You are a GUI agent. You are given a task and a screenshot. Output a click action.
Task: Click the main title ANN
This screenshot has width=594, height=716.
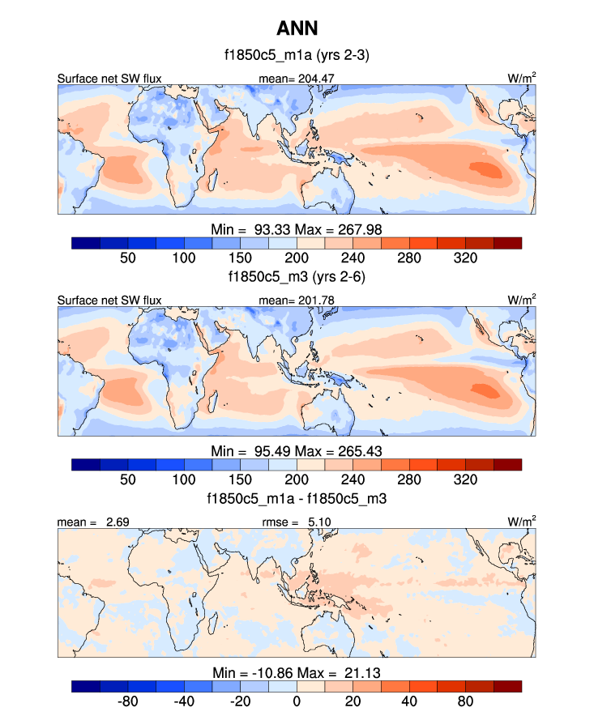(297, 29)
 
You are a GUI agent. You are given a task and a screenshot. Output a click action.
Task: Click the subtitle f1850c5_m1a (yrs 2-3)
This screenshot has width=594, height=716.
(297, 57)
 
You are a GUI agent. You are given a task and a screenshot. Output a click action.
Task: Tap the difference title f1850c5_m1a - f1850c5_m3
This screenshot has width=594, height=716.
(297, 499)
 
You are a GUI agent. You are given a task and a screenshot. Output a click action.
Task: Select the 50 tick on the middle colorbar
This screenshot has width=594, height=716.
(127, 479)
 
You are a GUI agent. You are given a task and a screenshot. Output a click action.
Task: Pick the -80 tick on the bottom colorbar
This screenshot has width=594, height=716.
(127, 701)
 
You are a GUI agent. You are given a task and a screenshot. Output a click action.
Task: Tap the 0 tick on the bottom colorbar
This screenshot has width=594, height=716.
(297, 701)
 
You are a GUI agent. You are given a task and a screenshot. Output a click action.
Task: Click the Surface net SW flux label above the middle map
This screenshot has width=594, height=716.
(109, 300)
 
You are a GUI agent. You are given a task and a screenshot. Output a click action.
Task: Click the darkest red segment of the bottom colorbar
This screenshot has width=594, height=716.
(507, 686)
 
